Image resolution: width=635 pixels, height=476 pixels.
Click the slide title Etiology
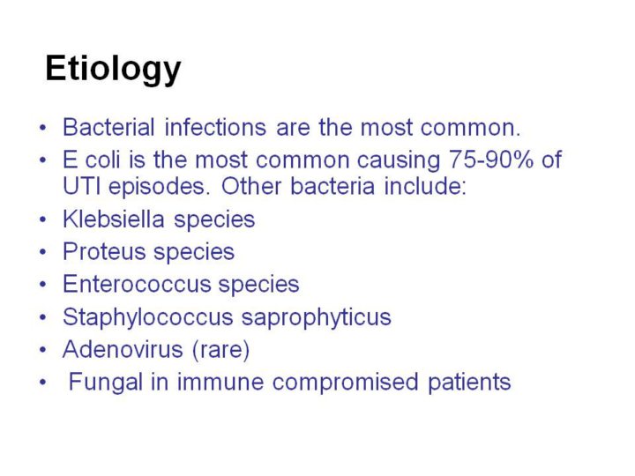113,69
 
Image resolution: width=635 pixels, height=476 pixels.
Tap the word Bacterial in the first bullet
109,127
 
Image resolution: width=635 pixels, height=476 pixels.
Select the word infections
215,127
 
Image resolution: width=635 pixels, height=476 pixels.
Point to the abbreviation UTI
81,187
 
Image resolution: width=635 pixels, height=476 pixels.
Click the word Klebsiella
114,219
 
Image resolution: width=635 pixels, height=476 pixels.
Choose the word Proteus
104,251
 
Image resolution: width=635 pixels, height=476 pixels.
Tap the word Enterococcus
137,284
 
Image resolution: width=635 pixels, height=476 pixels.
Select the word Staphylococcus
148,317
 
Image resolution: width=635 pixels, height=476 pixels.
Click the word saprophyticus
317,317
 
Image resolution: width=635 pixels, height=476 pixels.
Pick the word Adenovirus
123,349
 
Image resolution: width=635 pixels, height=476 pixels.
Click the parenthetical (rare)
220,350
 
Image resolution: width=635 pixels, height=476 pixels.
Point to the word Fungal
106,382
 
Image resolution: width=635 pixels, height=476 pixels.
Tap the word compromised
346,383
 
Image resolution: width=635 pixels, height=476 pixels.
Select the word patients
469,383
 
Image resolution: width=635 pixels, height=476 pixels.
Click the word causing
399,160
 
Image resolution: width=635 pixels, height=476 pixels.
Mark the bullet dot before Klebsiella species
43,219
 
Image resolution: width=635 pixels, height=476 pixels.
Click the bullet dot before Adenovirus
43,350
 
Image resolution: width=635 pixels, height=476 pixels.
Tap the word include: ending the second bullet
425,187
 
